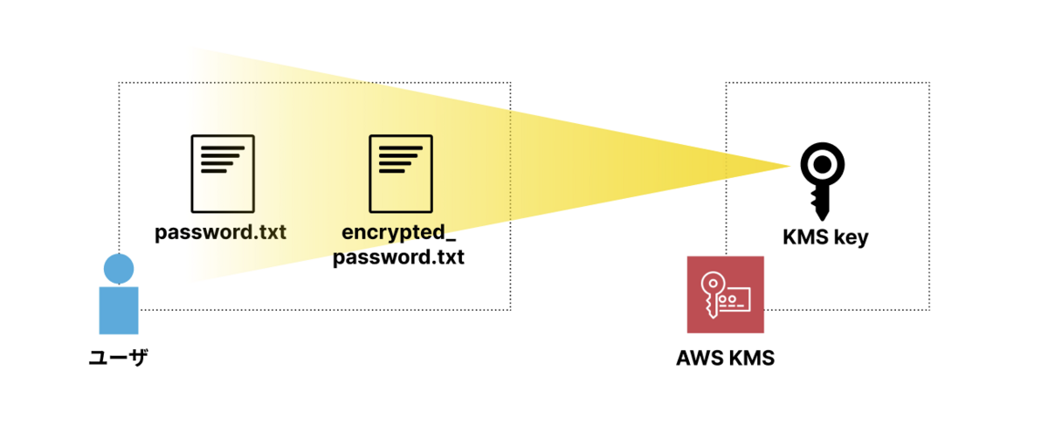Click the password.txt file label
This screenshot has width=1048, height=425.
click(220, 234)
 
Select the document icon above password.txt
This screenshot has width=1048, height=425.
click(223, 173)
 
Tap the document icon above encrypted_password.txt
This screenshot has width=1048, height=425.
click(401, 173)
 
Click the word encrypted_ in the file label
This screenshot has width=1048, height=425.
click(399, 235)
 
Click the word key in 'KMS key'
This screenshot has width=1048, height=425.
click(851, 238)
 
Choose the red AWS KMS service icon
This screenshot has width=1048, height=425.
click(725, 294)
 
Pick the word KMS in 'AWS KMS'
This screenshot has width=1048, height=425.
click(750, 359)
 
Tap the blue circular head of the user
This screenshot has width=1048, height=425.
click(119, 268)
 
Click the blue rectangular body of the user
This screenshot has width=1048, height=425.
click(119, 310)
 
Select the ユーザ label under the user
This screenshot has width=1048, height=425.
click(118, 358)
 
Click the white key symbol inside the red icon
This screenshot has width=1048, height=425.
click(713, 292)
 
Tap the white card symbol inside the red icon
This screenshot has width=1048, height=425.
click(739, 298)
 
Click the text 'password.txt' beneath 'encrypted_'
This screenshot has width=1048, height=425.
click(399, 257)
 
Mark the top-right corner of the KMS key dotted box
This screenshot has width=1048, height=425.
click(929, 83)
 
